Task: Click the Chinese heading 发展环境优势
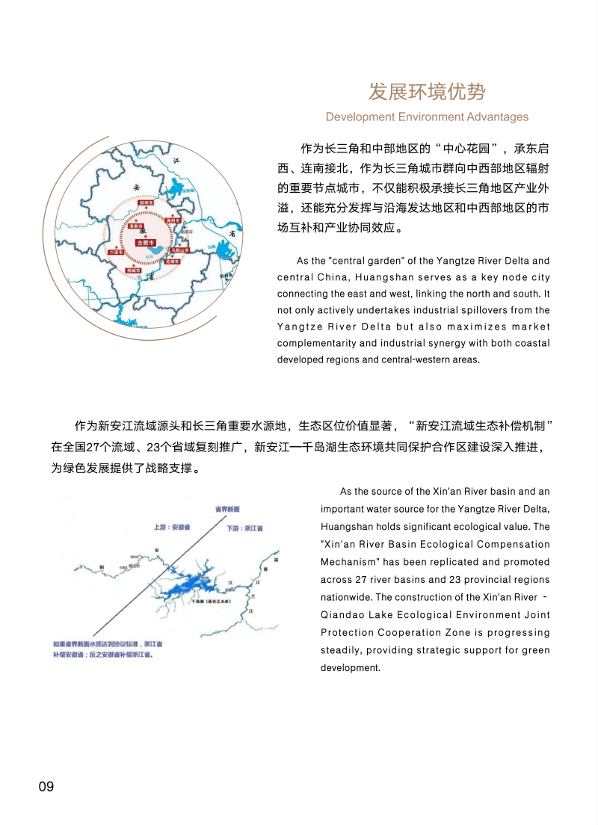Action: tap(427, 92)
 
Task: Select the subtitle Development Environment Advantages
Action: tap(427, 117)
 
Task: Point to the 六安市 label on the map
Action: tap(116, 253)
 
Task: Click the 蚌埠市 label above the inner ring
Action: tap(146, 202)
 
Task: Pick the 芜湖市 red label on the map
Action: tap(173, 262)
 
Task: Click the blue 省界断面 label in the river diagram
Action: tap(227, 509)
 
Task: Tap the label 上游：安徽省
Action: tap(172, 527)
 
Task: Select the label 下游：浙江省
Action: tap(244, 528)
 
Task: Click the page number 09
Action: tap(46, 786)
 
